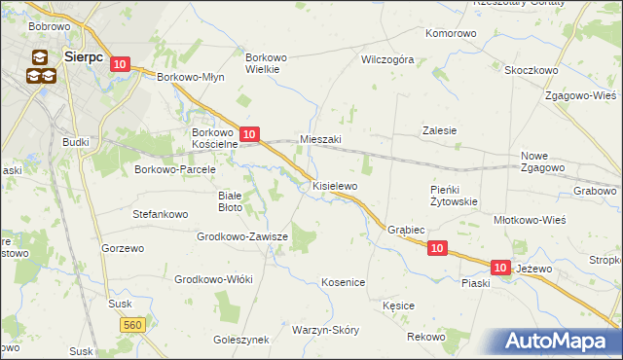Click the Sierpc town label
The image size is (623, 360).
coord(83,57)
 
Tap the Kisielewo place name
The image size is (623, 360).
coord(335,185)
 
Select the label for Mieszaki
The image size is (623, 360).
coord(321,140)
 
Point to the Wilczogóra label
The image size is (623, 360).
coord(387,59)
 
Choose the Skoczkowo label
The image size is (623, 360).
coord(530,70)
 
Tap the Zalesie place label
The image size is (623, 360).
coord(440,129)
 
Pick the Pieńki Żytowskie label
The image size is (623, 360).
coord(453,196)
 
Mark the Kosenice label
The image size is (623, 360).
coord(343,282)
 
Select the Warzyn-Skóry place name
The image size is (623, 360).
coord(325,330)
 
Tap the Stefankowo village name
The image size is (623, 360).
coord(159,211)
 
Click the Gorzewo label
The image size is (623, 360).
coord(122,248)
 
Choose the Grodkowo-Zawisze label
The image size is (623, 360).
coord(243,236)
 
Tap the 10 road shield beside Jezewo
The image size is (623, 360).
coord(500,267)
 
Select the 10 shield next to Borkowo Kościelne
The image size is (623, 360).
coord(249,133)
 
